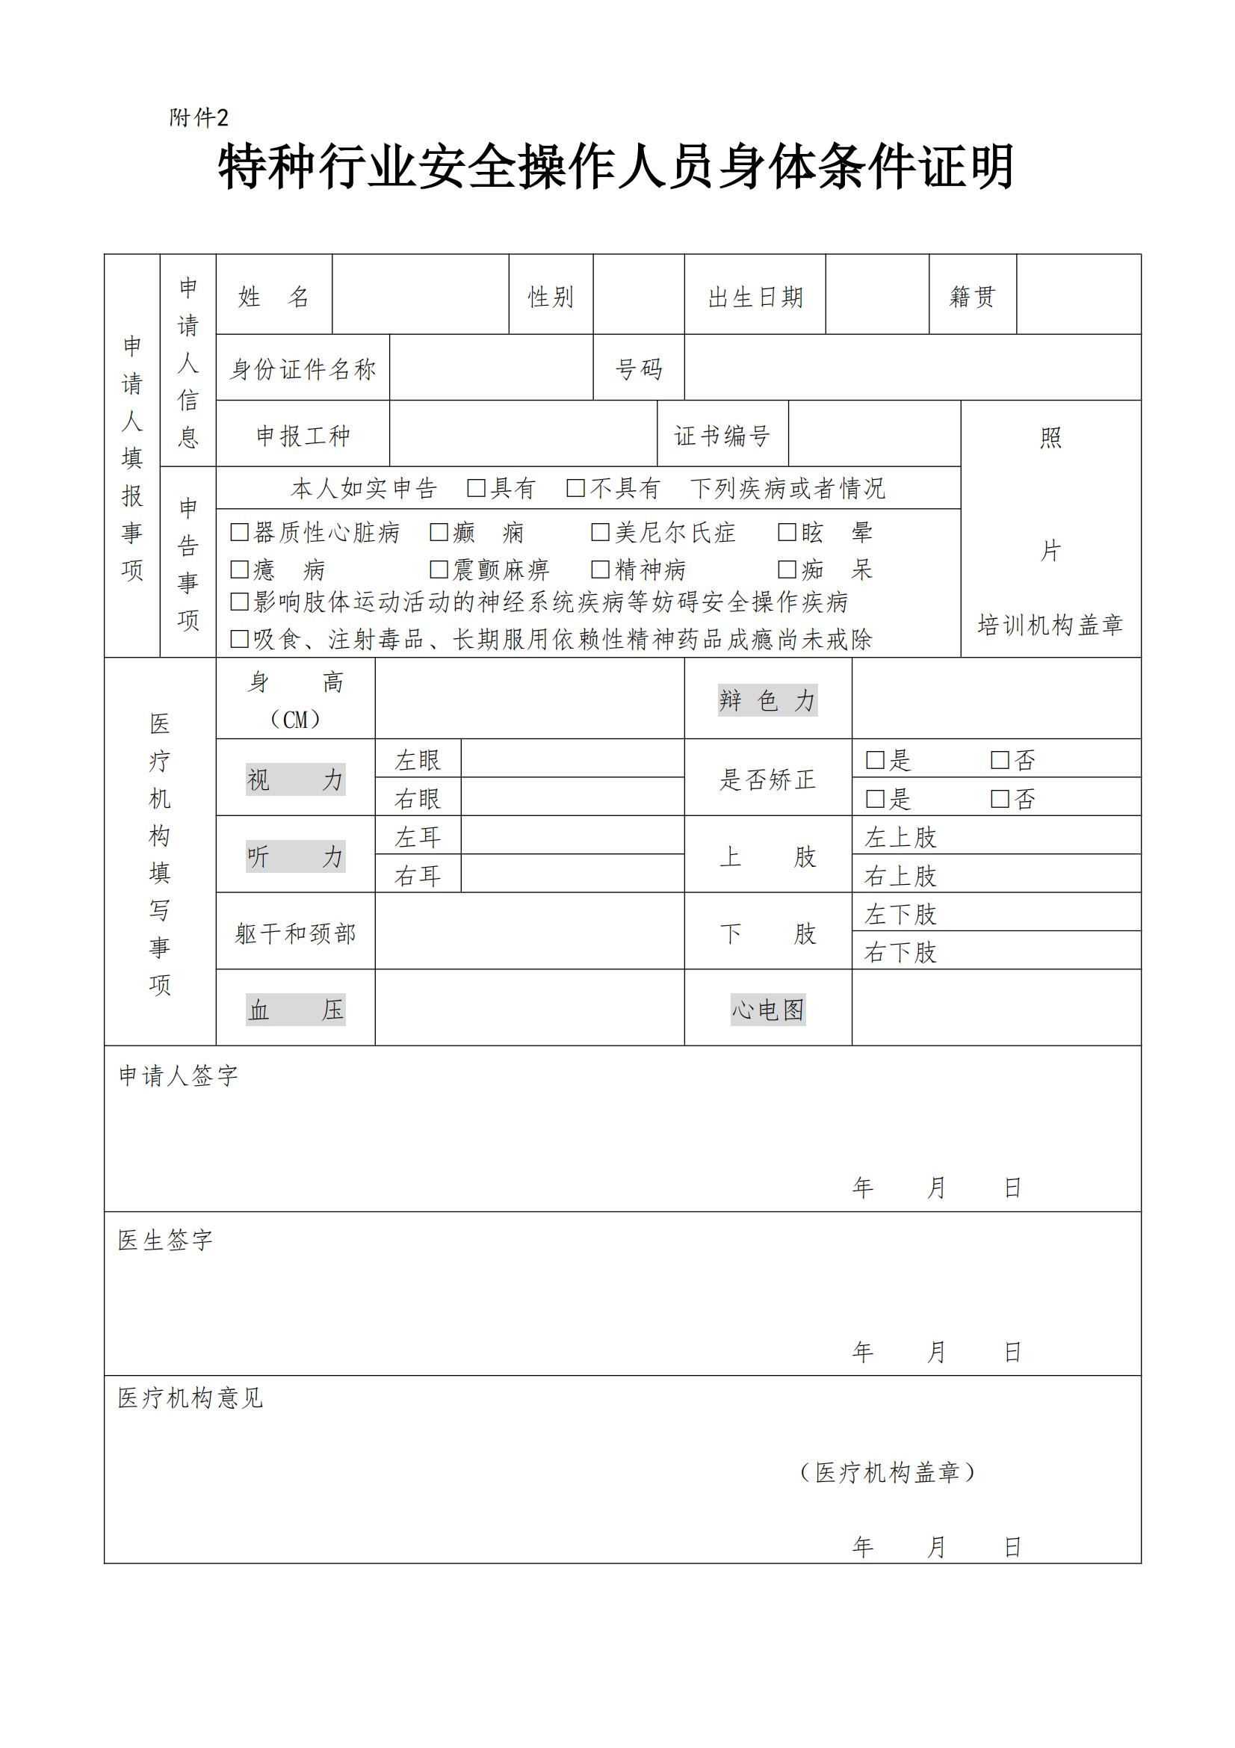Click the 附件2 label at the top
click(x=199, y=118)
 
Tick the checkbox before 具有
click(x=476, y=488)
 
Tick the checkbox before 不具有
click(x=575, y=488)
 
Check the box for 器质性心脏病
click(x=240, y=532)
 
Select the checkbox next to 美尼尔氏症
click(x=601, y=532)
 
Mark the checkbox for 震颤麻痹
click(x=439, y=569)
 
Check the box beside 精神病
click(x=601, y=569)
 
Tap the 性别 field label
click(x=551, y=296)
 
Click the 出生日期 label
click(x=755, y=296)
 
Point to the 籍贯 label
click(x=972, y=296)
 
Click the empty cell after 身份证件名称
click(x=491, y=368)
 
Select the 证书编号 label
click(x=722, y=435)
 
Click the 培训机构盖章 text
click(x=1050, y=625)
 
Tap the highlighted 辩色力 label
click(x=767, y=699)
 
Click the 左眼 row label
click(x=418, y=760)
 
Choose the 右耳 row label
click(x=418, y=876)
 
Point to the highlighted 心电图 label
click(x=767, y=1010)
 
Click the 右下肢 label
click(x=900, y=951)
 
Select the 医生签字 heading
click(x=165, y=1241)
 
